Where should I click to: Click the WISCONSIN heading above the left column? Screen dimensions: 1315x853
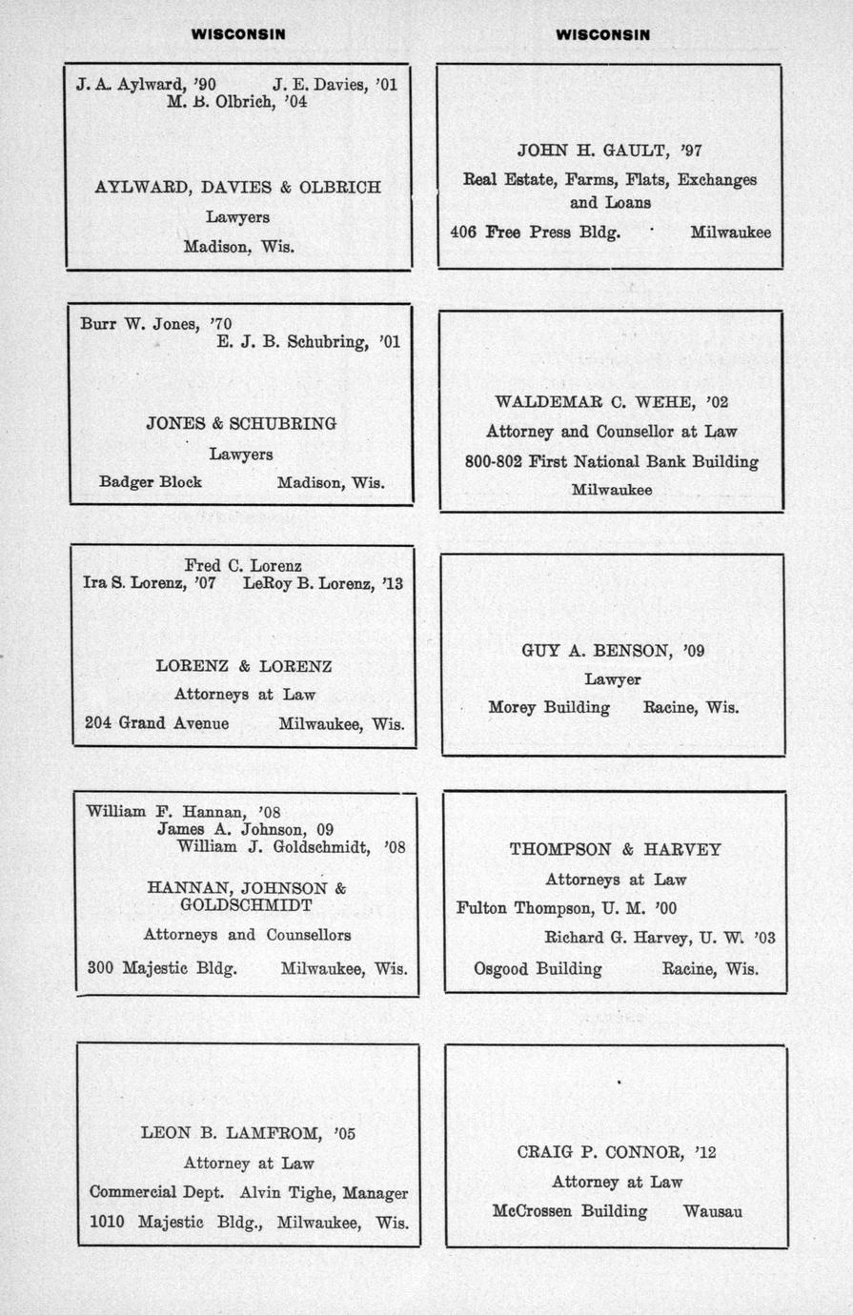tap(238, 34)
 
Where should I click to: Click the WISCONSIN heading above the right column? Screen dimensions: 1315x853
tap(602, 34)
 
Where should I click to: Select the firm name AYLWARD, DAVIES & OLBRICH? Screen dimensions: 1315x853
tap(237, 188)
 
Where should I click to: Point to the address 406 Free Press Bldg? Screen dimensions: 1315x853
tap(535, 232)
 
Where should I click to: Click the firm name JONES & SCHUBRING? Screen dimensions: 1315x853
tap(241, 423)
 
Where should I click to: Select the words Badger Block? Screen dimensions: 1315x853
tap(151, 482)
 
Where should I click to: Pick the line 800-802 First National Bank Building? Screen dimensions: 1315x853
tap(612, 462)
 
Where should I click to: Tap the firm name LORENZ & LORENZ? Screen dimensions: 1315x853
tap(244, 666)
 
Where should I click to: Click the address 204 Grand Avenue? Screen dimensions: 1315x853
tap(156, 723)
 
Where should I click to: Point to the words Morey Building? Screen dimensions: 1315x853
tap(549, 708)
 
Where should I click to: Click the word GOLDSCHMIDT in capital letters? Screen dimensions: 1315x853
tap(246, 904)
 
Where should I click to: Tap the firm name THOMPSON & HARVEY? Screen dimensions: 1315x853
tap(615, 849)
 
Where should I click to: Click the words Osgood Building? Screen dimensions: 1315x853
tap(538, 969)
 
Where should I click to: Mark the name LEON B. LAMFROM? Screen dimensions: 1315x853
tap(234, 1134)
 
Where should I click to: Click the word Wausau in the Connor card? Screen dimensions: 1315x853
tap(713, 1212)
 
